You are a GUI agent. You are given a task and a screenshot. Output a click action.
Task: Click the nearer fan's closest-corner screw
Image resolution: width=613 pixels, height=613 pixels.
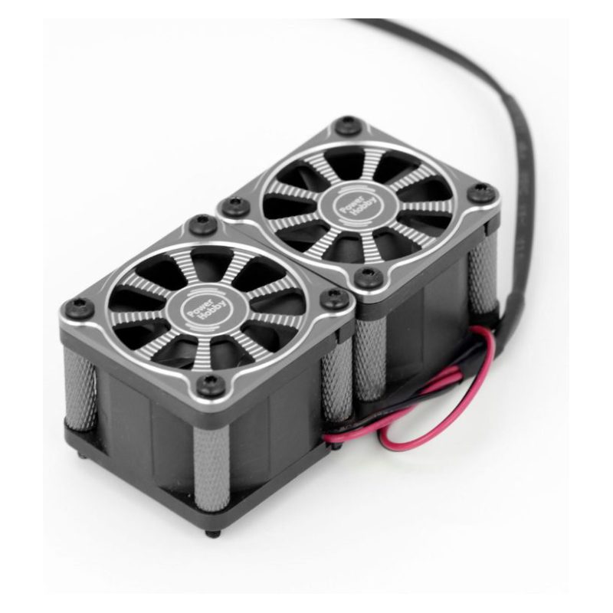[211, 385]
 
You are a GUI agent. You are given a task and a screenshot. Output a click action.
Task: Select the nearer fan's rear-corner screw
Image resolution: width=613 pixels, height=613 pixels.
[203, 225]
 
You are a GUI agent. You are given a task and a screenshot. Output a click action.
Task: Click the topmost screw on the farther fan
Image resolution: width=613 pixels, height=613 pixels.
[348, 125]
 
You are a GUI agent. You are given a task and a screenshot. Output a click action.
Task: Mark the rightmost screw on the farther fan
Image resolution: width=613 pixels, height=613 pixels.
[482, 193]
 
